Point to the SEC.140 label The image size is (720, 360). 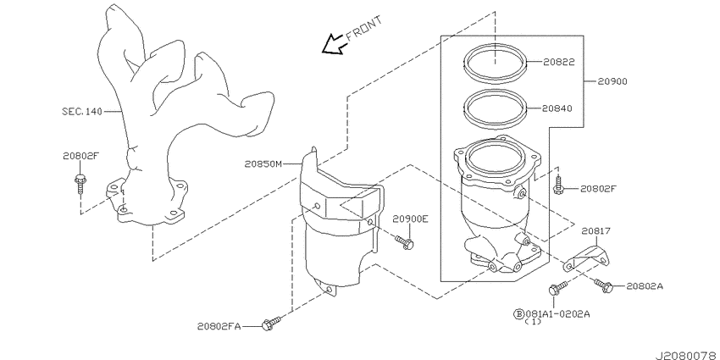(x=81, y=111)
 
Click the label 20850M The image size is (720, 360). (x=264, y=163)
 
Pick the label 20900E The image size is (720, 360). (x=410, y=219)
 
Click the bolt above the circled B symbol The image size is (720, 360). (x=553, y=291)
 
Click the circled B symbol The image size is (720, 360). (x=518, y=313)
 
